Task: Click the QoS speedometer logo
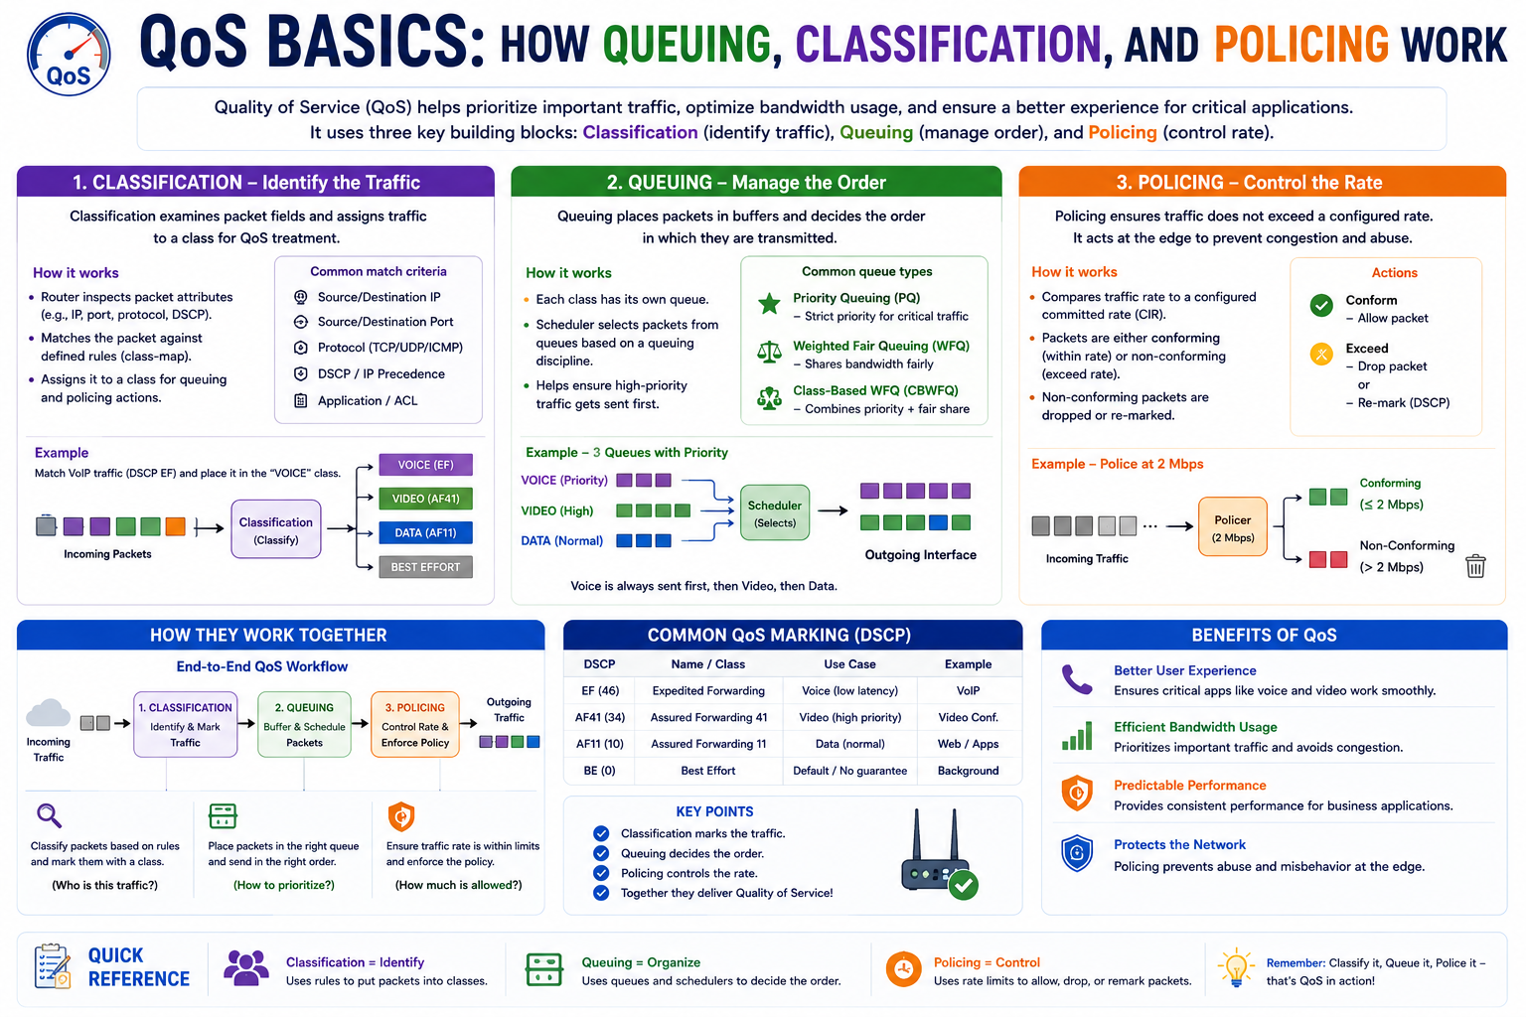coord(69,55)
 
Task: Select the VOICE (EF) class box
coord(426,465)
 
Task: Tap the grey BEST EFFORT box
coord(426,567)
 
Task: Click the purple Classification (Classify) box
coord(276,529)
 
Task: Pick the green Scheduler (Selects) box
coord(775,512)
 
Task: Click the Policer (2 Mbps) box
coord(1232,526)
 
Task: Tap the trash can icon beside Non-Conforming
coord(1475,565)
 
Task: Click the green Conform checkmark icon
coord(1321,305)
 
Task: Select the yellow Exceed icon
coord(1321,355)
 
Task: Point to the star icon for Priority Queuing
coord(769,303)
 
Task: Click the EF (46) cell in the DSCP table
coord(599,690)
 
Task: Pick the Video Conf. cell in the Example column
coord(968,717)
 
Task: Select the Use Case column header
coord(849,664)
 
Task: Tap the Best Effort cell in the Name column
coord(707,771)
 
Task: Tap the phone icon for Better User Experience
coord(1077,679)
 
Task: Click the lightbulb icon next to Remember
coord(1236,967)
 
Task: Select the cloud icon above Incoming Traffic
coord(48,712)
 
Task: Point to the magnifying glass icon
coord(49,815)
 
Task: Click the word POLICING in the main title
coord(1301,45)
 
